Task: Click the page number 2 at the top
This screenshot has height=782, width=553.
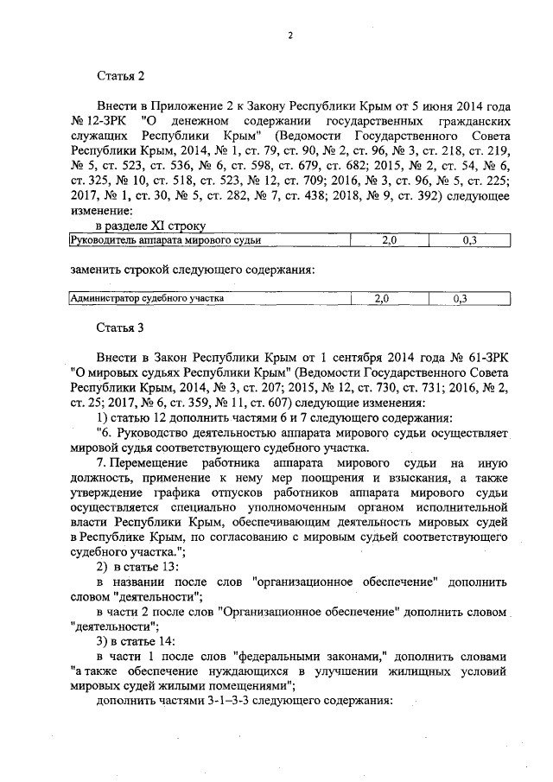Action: [291, 35]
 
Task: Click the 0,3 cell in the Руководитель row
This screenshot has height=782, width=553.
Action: [469, 241]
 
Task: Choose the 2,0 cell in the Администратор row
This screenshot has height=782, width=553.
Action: [381, 298]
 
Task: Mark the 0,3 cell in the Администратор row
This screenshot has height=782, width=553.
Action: [459, 298]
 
